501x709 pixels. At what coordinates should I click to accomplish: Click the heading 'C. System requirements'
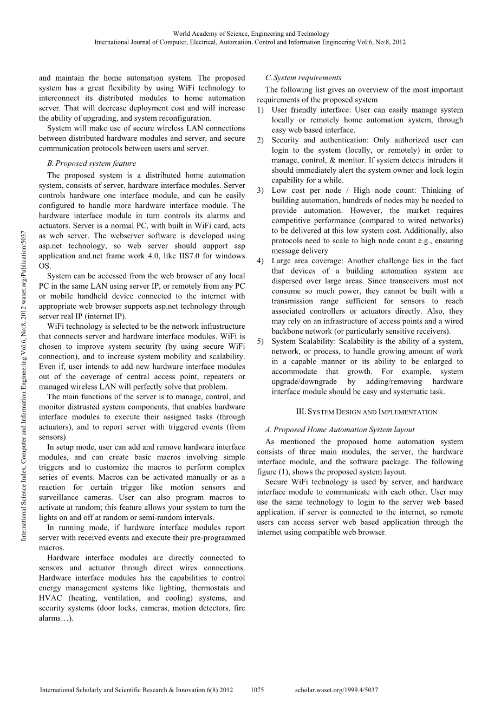303,77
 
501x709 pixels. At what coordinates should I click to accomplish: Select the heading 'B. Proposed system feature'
92,163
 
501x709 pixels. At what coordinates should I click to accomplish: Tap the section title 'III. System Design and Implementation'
360,412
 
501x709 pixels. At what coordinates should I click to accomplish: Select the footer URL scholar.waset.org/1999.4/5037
336,690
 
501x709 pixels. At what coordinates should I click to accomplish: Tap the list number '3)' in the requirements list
261,190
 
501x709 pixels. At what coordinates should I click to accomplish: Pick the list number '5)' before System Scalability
261,341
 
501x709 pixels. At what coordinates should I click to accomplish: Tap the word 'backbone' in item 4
288,331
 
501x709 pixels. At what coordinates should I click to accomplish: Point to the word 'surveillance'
61,497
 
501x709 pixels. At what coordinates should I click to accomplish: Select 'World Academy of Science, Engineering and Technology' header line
250,34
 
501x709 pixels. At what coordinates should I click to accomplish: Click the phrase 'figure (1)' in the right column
275,472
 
